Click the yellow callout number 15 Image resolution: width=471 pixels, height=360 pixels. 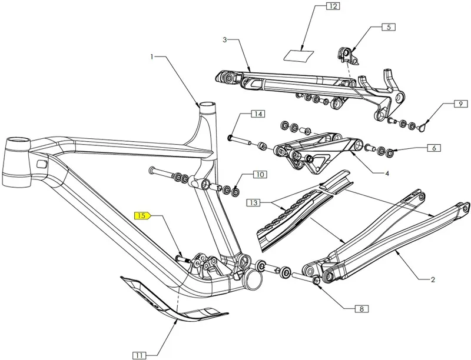pyautogui.click(x=142, y=216)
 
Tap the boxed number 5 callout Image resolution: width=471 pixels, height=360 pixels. pyautogui.click(x=389, y=27)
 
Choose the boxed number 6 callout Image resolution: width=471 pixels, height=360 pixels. pyautogui.click(x=433, y=148)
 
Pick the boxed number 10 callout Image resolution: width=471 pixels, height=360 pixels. pyautogui.click(x=260, y=175)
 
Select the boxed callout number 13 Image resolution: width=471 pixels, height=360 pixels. pyautogui.click(x=254, y=203)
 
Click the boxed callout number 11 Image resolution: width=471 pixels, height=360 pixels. pyautogui.click(x=139, y=355)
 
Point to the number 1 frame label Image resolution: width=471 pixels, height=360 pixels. pyautogui.click(x=152, y=57)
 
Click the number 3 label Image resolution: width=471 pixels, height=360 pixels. pyautogui.click(x=225, y=40)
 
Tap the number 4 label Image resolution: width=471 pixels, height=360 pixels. pyautogui.click(x=387, y=174)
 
